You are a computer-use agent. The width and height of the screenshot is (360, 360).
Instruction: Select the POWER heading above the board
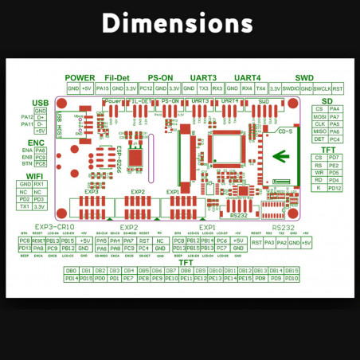(80, 76)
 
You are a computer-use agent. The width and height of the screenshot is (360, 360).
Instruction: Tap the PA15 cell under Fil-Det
(103, 88)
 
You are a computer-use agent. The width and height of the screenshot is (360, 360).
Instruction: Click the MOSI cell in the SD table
(319, 116)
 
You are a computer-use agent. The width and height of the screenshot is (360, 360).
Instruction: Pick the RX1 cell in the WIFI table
(40, 184)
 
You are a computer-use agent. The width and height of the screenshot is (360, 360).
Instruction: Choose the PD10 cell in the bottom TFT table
(292, 279)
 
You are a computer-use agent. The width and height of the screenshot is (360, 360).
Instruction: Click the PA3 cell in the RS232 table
(270, 242)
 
